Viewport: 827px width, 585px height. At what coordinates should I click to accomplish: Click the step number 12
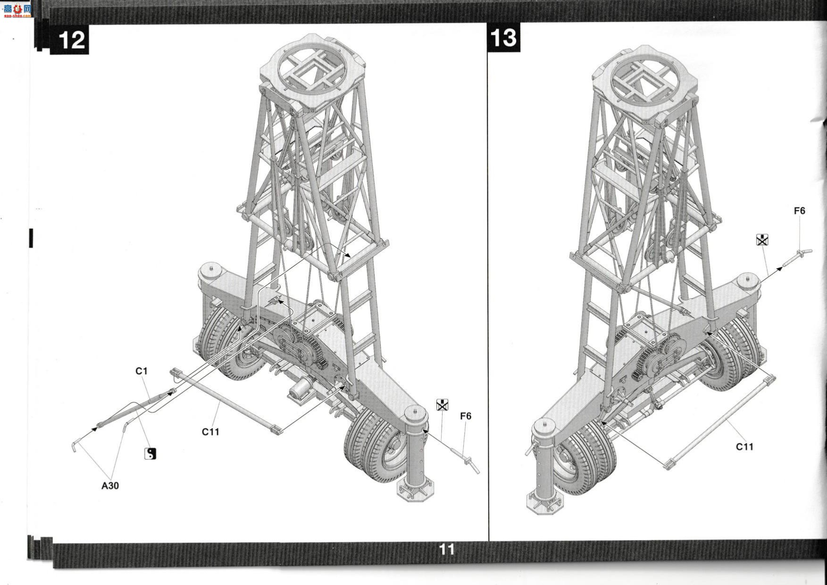click(72, 41)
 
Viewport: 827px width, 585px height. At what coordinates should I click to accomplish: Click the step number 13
click(503, 38)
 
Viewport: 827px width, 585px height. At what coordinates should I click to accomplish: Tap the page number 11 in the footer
click(447, 550)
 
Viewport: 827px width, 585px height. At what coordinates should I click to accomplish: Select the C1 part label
click(142, 371)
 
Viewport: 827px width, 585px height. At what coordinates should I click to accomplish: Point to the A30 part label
click(110, 485)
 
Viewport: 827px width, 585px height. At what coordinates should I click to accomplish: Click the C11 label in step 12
click(210, 432)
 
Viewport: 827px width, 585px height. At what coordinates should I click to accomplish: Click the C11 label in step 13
click(744, 446)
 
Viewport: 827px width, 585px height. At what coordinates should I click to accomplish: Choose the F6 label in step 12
click(466, 416)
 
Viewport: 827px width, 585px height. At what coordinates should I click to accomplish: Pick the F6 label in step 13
click(799, 211)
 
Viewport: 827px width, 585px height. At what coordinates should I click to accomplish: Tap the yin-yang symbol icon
click(150, 453)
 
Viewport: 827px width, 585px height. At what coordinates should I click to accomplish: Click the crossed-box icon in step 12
click(442, 405)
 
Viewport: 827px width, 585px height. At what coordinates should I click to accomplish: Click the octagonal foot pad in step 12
click(415, 491)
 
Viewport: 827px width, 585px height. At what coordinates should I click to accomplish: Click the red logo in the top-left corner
click(17, 9)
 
